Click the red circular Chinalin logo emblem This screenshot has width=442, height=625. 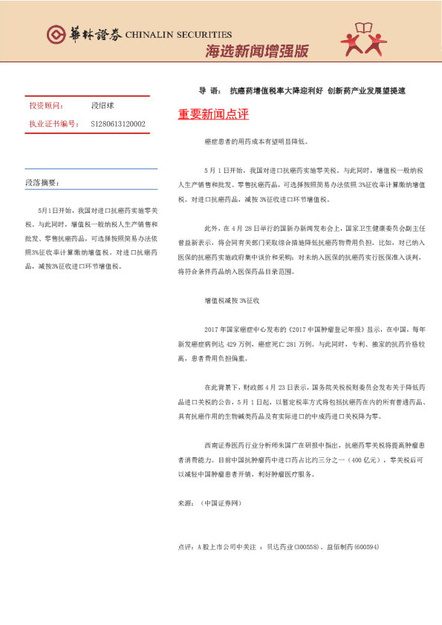[56, 34]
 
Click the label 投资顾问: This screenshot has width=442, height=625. [47, 106]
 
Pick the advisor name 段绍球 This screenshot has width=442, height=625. [102, 106]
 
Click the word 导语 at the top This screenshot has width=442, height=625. [208, 91]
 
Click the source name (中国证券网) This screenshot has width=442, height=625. [221, 503]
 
